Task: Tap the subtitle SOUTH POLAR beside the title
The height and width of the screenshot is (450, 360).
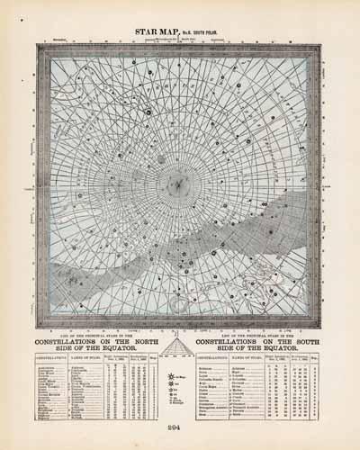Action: tap(209, 34)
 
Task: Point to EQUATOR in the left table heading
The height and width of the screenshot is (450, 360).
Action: tap(104, 349)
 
